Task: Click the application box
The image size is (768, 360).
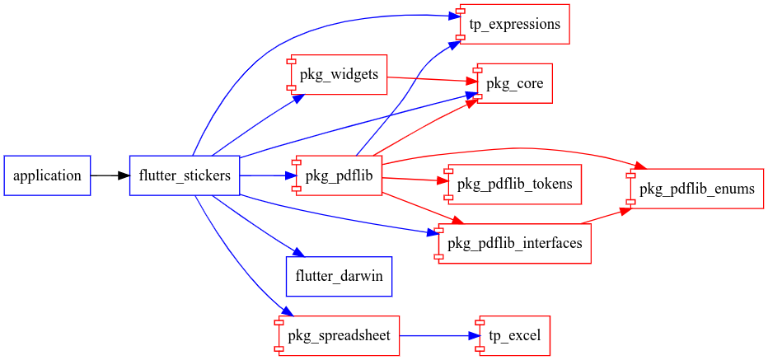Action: [47, 175]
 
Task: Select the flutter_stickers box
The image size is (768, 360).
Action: [185, 175]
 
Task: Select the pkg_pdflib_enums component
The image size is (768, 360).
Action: [696, 189]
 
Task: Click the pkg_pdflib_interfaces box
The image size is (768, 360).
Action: [514, 243]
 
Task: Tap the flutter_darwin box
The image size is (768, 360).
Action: [339, 276]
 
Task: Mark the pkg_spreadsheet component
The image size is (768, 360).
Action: [339, 336]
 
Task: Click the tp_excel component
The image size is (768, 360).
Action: [511, 336]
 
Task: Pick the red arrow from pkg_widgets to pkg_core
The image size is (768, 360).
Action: [428, 79]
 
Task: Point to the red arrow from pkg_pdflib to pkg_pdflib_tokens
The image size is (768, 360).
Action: [412, 179]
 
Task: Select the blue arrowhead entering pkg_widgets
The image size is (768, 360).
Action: [299, 98]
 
